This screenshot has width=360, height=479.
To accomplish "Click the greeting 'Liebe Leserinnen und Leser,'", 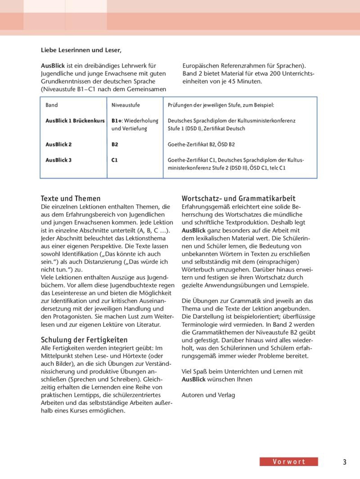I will pyautogui.click(x=80, y=50).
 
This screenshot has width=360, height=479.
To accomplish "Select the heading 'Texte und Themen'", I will pyautogui.click(x=71, y=198).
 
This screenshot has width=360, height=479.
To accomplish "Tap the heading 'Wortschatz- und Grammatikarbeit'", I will pyautogui.click(x=239, y=198).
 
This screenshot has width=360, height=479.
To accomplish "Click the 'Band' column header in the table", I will pyautogui.click(x=51, y=106).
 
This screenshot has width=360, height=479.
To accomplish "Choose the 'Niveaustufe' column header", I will pyautogui.click(x=126, y=106).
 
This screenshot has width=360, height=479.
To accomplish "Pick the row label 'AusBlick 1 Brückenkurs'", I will pyautogui.click(x=75, y=121).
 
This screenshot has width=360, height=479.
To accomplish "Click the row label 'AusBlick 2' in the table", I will pyautogui.click(x=59, y=145).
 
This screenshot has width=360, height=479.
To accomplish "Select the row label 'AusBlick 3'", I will pyautogui.click(x=59, y=160).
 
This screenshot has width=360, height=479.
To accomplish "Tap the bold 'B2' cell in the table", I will pyautogui.click(x=115, y=145).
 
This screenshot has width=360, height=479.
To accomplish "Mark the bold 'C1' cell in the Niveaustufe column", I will pyautogui.click(x=115, y=160).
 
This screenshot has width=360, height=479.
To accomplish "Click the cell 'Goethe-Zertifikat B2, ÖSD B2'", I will pyautogui.click(x=201, y=145).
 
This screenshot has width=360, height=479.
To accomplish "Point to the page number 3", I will pyautogui.click(x=344, y=462).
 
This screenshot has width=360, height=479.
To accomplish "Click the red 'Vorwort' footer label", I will pyautogui.click(x=289, y=462).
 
